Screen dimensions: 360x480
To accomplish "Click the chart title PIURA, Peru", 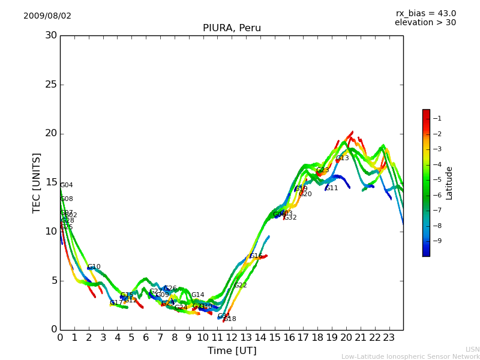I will tap(232, 28).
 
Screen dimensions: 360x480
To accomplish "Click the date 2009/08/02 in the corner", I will tap(47, 16).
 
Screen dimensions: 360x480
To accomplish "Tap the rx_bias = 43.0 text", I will tap(426, 13).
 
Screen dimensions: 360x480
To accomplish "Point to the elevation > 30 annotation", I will tap(425, 23).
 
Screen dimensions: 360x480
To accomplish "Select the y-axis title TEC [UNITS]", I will tap(37, 182).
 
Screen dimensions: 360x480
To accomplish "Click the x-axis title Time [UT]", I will tap(232, 351).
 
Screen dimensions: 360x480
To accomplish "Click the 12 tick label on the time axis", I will tap(232, 337).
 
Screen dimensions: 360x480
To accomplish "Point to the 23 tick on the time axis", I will tap(389, 337).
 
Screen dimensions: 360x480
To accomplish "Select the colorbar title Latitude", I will tap(449, 182).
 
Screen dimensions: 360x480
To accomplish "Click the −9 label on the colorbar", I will tap(437, 241).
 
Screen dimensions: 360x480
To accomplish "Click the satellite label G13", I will tap(342, 158).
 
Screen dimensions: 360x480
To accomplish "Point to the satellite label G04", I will tap(66, 185).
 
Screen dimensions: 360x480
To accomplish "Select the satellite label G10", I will tap(94, 267).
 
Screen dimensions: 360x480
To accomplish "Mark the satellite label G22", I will tap(241, 286).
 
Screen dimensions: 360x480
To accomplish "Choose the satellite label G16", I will tap(256, 256).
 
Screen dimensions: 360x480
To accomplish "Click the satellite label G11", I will tap(332, 188).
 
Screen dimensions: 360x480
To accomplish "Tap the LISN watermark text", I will tap(472, 349).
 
